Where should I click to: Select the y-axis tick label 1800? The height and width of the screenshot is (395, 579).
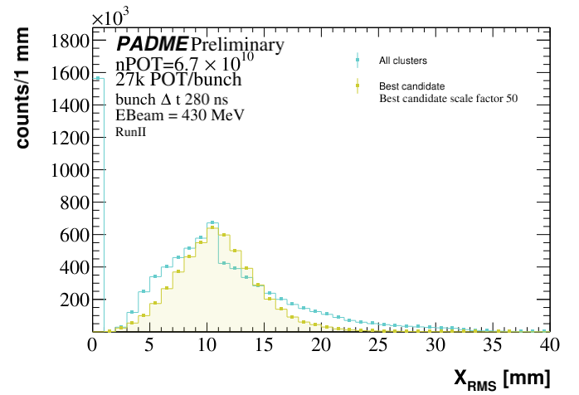(67, 41)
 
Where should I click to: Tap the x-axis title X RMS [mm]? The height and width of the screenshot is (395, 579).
(501, 378)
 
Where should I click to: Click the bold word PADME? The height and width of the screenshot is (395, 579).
(152, 44)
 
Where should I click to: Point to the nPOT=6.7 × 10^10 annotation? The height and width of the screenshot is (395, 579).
(184, 63)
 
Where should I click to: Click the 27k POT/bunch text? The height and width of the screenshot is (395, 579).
(178, 80)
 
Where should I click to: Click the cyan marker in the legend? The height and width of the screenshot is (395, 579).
(357, 60)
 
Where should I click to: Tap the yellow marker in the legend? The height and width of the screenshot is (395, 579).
(357, 85)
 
